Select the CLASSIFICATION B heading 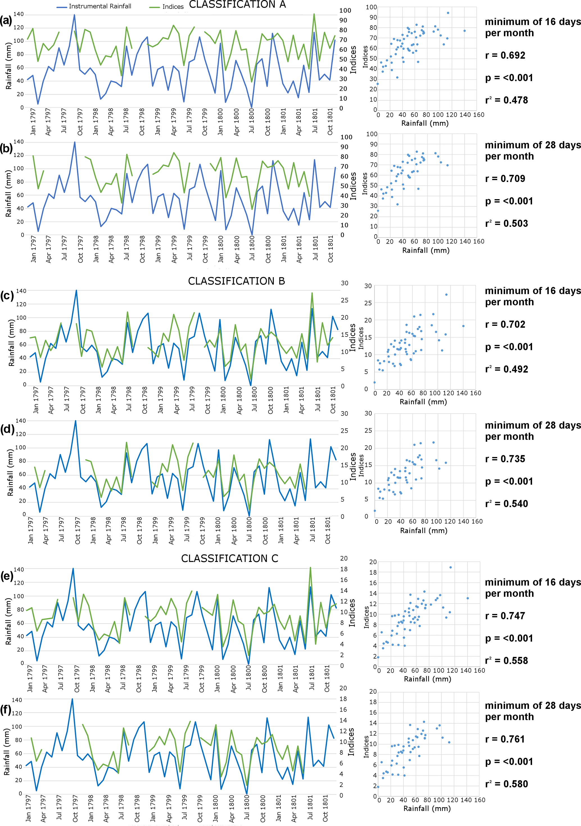click(236, 281)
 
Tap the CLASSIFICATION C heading click(230, 558)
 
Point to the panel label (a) click(6, 21)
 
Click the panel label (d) click(7, 429)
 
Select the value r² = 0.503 click(507, 223)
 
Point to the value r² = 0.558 click(507, 661)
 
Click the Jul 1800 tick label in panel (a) click(252, 121)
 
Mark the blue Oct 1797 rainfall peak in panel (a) click(74, 15)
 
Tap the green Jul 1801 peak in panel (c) click(312, 293)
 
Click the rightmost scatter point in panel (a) click(464, 31)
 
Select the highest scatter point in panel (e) click(450, 567)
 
